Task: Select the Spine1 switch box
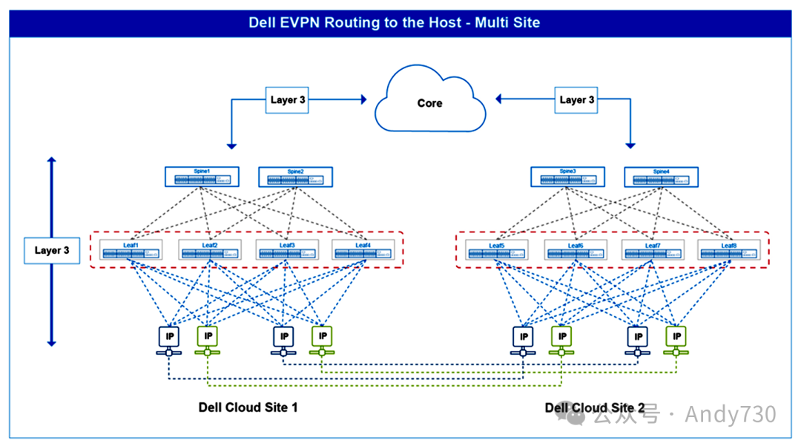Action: [202, 177]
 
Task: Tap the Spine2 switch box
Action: [295, 177]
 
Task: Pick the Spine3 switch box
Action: [567, 177]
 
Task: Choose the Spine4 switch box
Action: [661, 177]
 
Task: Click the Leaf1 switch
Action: [131, 250]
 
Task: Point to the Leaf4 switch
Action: [363, 250]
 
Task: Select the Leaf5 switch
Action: [496, 250]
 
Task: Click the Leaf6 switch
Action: [576, 250]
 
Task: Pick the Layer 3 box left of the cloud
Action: [287, 99]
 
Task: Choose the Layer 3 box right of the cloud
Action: [576, 99]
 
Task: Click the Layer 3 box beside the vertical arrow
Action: [52, 251]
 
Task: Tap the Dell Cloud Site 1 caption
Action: [248, 407]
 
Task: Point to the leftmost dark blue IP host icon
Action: [168, 336]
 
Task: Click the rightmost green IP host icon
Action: [676, 336]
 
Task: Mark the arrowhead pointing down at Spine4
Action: [631, 145]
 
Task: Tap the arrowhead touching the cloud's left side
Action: [363, 98]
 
